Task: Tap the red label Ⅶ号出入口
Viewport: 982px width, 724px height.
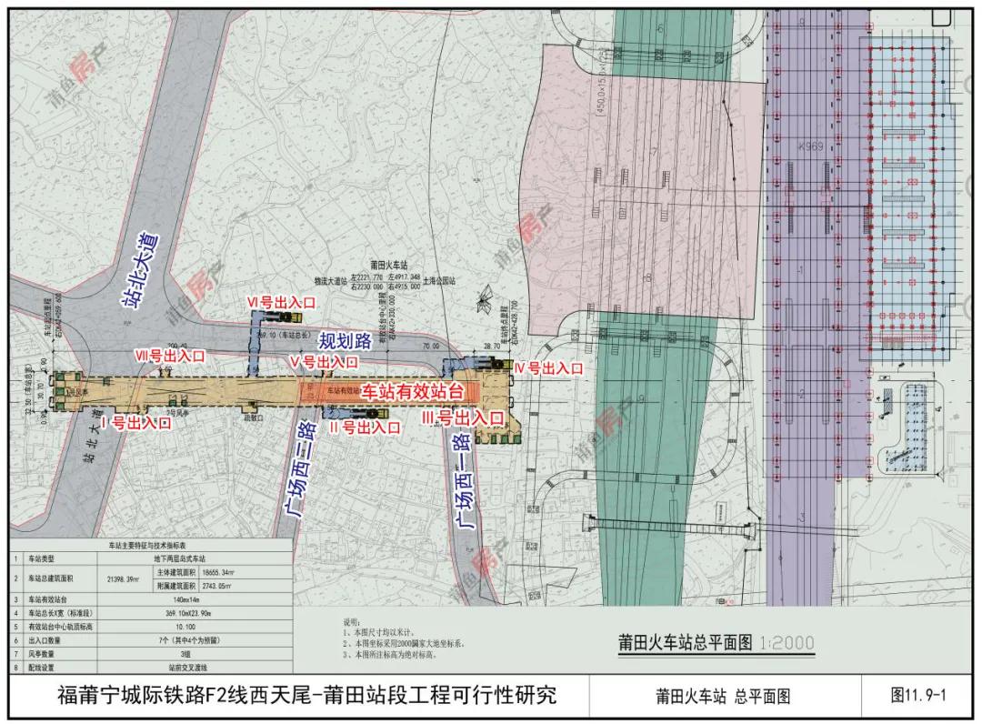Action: pyautogui.click(x=170, y=355)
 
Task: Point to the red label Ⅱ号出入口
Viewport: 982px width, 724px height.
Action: pyautogui.click(x=364, y=427)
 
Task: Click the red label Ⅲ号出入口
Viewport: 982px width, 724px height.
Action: pyautogui.click(x=463, y=418)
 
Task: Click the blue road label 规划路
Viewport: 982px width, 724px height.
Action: pyautogui.click(x=345, y=341)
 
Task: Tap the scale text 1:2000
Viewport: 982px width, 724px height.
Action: pyautogui.click(x=785, y=643)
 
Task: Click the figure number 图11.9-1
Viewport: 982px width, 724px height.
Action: pyautogui.click(x=918, y=696)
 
